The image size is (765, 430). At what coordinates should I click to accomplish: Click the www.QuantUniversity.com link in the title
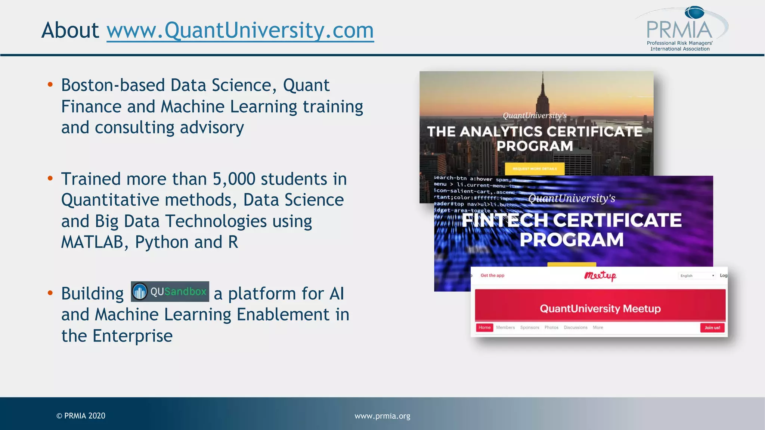click(x=240, y=30)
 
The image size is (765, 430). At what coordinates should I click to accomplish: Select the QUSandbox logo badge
click(x=170, y=292)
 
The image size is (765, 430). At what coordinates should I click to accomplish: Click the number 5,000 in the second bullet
click(x=234, y=179)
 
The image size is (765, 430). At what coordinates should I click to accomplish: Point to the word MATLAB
click(x=92, y=242)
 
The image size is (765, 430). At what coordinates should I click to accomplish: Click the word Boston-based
click(x=113, y=85)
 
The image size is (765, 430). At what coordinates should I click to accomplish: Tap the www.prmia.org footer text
click(x=382, y=416)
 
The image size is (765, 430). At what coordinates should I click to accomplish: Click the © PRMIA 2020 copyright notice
click(x=81, y=416)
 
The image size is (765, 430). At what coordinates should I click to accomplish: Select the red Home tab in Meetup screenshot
click(x=484, y=327)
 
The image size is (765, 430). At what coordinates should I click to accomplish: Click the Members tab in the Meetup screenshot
click(x=505, y=327)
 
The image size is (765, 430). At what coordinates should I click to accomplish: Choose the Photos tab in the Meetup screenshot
click(x=551, y=327)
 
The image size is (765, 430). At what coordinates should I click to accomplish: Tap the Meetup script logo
click(x=600, y=275)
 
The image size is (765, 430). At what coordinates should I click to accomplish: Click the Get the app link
click(x=492, y=275)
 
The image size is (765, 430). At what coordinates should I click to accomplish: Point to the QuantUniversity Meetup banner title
click(x=600, y=308)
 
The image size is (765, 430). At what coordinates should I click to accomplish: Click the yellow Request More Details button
click(x=535, y=169)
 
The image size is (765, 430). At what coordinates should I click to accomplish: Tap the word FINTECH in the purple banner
click(x=505, y=220)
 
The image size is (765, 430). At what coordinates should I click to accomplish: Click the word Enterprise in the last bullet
click(x=133, y=336)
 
